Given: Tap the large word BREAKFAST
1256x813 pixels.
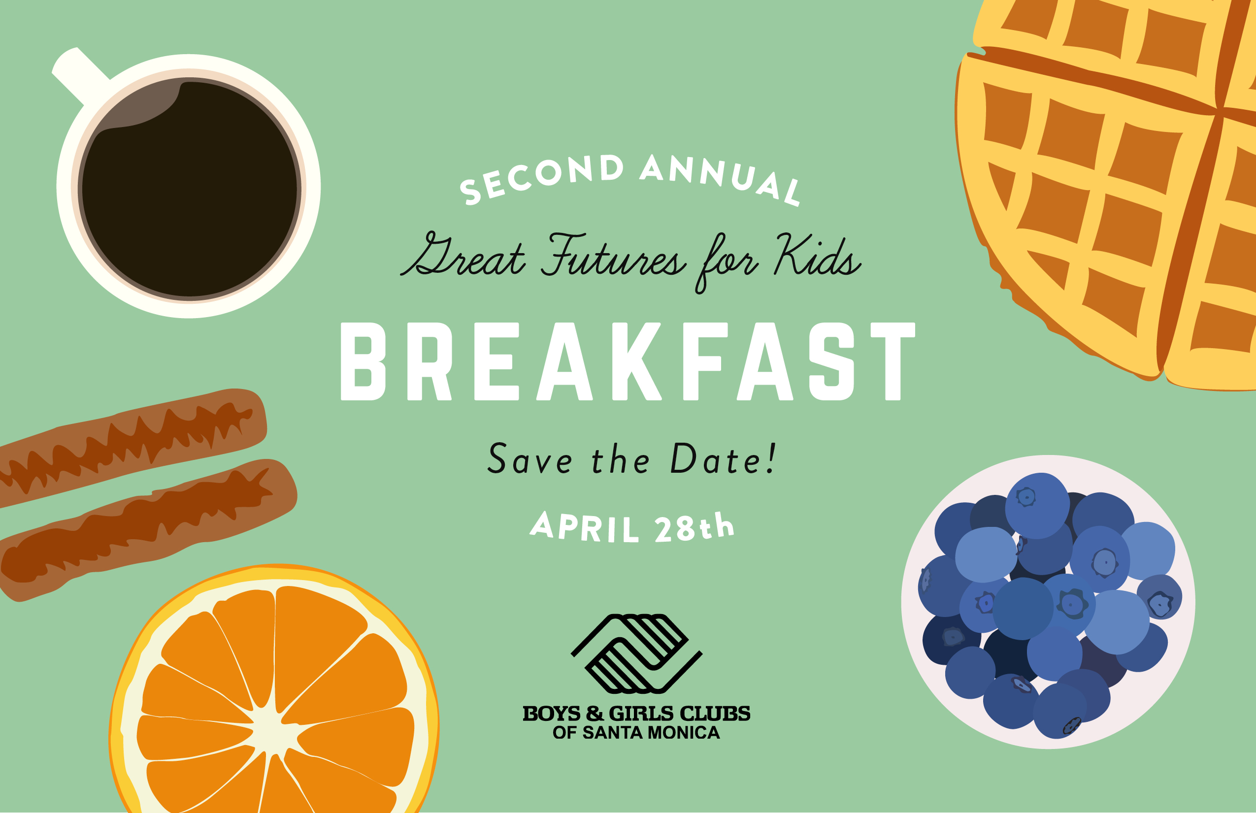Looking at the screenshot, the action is pos(628,361).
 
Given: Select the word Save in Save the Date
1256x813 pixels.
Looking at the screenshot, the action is pos(530,458).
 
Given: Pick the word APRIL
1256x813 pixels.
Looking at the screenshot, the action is pos(584,526).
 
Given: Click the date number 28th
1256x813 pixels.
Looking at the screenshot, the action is pos(694,526).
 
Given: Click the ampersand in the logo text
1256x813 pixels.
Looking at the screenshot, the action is pos(594,714).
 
